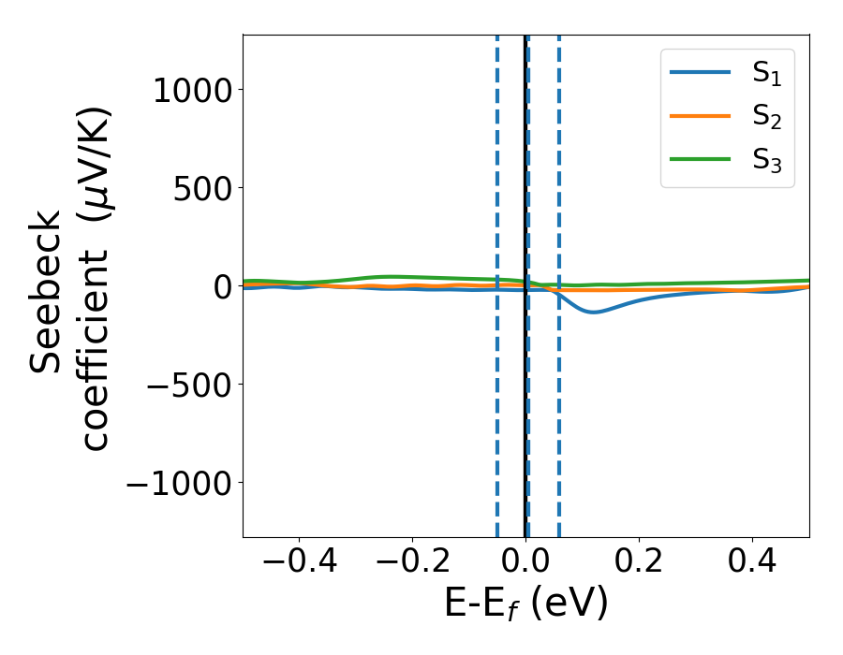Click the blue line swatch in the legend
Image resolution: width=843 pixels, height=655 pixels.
(700, 74)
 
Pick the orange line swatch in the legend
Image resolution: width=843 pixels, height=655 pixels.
(700, 116)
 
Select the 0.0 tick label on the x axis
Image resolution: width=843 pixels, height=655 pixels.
(525, 564)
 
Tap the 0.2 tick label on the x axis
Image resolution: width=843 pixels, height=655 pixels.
(639, 564)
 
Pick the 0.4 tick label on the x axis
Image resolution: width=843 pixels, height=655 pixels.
(752, 564)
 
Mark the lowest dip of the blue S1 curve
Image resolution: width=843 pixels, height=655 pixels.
(594, 312)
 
